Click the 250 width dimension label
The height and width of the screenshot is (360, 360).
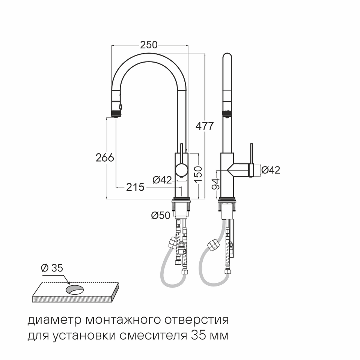click(x=149, y=45)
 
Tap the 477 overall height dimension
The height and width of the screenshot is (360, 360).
click(x=205, y=126)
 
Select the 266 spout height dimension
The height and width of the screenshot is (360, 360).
click(x=105, y=158)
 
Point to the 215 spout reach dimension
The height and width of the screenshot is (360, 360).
click(x=135, y=187)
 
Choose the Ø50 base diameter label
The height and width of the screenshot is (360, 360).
click(x=161, y=215)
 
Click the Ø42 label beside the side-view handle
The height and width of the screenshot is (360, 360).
click(x=271, y=170)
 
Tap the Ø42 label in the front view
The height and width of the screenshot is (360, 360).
click(x=162, y=180)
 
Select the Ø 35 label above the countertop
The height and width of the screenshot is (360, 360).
click(x=52, y=268)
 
